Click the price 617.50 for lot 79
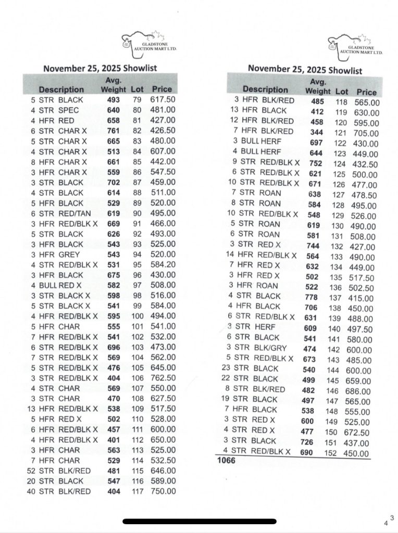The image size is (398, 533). click(163, 99)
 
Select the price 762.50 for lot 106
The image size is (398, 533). click(163, 378)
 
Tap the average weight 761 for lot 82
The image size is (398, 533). click(114, 131)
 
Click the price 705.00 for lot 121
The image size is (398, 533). click(367, 133)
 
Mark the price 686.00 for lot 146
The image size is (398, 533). click(367, 391)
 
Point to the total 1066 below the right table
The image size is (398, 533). click(226, 461)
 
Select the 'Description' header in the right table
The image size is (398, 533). click(265, 90)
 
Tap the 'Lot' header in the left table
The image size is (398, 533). click(138, 90)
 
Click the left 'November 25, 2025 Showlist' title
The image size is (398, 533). click(100, 68)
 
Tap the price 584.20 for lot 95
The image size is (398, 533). click(163, 264)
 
